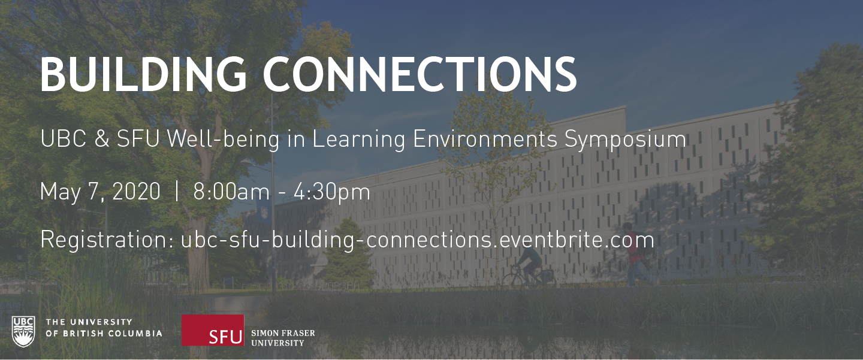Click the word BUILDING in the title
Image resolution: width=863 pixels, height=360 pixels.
coord(143,74)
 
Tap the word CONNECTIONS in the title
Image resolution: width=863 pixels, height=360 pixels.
coord(420,74)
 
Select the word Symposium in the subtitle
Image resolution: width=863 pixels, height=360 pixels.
coord(625,140)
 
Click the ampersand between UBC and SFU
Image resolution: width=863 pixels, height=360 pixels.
coord(102,138)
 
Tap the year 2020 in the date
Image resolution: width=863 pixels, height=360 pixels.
coord(137,191)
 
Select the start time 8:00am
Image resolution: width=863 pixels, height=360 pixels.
coord(231,191)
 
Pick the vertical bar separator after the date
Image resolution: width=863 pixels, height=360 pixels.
coord(177,191)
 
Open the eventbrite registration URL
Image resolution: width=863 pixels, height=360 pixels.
coord(418,240)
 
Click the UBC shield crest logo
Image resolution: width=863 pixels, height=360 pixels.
coord(23,331)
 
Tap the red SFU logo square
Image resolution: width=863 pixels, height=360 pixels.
coord(213,330)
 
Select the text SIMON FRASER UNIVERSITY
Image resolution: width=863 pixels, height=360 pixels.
coord(283,338)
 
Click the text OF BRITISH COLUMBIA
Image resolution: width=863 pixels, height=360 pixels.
coord(104,333)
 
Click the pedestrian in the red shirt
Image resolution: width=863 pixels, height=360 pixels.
coord(634,253)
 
